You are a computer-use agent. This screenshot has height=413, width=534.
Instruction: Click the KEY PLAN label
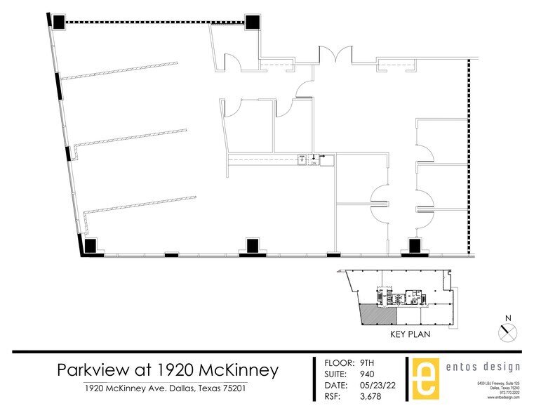[410, 334]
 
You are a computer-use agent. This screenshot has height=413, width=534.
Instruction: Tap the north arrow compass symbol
[508, 329]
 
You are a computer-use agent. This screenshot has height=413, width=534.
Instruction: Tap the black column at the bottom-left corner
[90, 247]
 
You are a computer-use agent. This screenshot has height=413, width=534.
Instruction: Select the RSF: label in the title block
[334, 398]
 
